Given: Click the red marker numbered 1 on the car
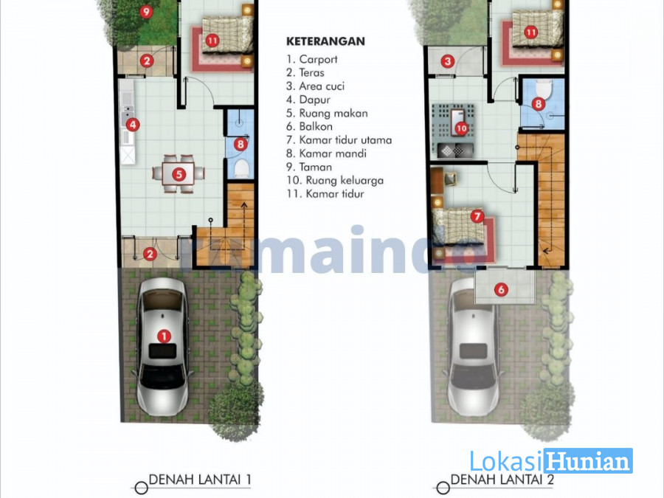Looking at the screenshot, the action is tap(164, 336).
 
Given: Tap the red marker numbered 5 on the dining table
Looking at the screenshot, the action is tap(179, 174).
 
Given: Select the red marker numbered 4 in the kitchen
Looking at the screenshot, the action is tap(133, 125).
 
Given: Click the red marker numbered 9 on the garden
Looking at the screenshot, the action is tap(146, 11).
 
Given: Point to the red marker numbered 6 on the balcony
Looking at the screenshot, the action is tap(501, 290).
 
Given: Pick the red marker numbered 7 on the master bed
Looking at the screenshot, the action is tap(477, 216).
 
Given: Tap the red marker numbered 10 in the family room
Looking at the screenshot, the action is tap(461, 128).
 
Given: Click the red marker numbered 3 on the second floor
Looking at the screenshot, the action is tap(448, 61).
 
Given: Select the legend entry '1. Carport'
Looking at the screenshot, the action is tap(311, 59).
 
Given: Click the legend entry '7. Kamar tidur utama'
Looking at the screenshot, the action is tap(339, 139).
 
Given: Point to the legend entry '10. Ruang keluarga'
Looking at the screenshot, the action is tap(335, 181).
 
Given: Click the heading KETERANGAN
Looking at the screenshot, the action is tap(325, 41).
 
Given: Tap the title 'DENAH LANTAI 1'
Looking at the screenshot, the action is tap(200, 480).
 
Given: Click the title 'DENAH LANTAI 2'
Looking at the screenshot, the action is tap(502, 480).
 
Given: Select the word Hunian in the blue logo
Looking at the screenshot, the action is tap(588, 461).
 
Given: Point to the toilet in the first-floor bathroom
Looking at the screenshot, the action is tap(241, 168).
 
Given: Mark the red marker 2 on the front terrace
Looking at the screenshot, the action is tap(150, 254).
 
